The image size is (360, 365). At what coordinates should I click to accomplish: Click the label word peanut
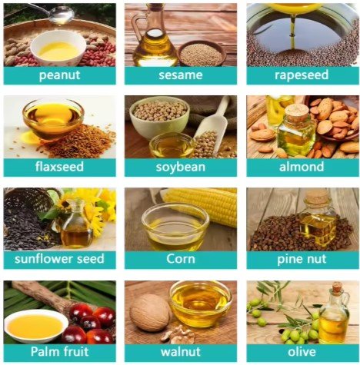(59, 75)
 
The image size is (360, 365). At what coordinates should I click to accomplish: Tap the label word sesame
(181, 75)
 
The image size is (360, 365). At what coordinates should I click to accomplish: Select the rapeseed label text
(302, 75)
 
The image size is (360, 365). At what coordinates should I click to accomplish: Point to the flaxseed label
(59, 167)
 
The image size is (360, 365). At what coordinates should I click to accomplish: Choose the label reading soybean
(181, 168)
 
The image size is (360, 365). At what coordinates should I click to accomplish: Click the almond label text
(302, 167)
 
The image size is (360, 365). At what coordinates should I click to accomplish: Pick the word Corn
(181, 259)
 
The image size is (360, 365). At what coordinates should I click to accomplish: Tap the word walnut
(181, 351)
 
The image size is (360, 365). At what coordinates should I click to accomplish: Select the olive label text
(302, 351)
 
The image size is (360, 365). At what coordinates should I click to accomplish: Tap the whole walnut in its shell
(149, 312)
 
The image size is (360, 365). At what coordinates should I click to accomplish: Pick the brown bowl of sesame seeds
(201, 54)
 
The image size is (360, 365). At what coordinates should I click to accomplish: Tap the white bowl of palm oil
(36, 326)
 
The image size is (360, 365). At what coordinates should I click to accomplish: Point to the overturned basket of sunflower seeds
(28, 205)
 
